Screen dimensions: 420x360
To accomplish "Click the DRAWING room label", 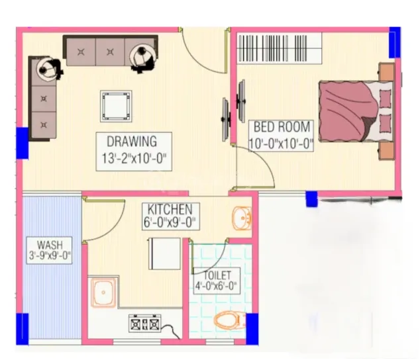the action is tap(132, 142).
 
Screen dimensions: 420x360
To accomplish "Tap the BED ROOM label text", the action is tap(282, 127).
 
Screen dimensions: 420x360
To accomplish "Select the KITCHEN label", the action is tap(170, 209).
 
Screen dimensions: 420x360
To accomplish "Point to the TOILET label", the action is tap(217, 275).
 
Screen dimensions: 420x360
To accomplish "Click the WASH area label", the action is tap(50, 245).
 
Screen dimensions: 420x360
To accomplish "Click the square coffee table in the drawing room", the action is tap(116, 107).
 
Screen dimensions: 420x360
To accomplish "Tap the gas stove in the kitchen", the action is tap(144, 324).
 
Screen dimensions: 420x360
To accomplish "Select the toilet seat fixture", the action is tap(230, 320).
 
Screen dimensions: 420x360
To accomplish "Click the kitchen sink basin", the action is tap(103, 292).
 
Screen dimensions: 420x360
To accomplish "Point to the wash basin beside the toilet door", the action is tap(242, 218).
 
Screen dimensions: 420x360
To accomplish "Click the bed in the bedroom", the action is tap(356, 111).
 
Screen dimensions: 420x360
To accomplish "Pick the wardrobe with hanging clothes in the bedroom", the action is tap(280, 48).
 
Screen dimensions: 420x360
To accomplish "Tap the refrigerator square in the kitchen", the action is tap(164, 253).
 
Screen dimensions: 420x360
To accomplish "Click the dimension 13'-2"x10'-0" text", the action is tap(134, 158).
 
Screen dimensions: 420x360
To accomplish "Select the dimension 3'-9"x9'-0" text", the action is tap(50, 255).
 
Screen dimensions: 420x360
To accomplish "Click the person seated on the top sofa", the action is tap(142, 59).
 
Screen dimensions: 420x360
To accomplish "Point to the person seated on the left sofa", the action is tap(49, 69).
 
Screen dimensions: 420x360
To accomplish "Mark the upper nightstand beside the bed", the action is tap(386, 71).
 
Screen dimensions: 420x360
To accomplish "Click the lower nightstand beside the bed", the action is tap(386, 151).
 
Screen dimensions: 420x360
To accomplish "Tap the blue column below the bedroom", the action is tap(312, 199).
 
